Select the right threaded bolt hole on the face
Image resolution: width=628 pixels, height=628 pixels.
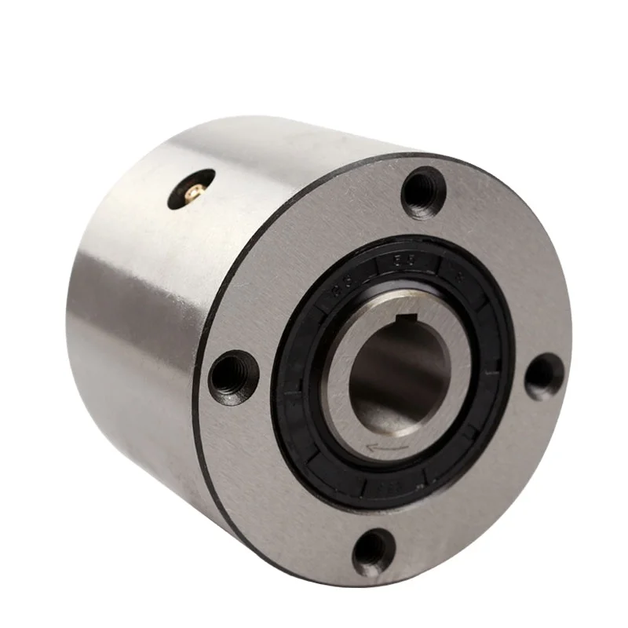click(x=543, y=377)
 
